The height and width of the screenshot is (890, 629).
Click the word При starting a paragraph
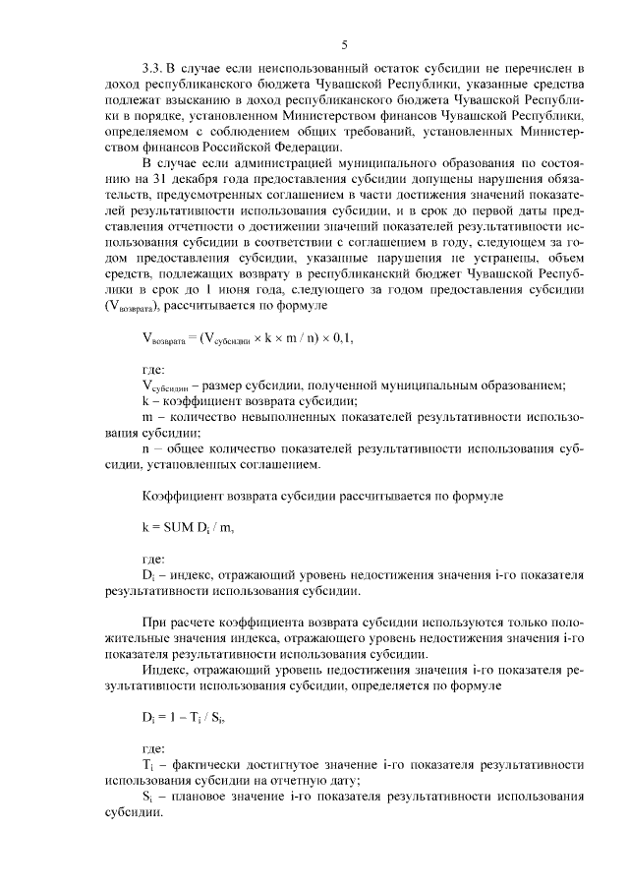point(154,623)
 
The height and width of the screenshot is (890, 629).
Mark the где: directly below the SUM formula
point(154,560)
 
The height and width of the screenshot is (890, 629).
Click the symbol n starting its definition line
point(145,447)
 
